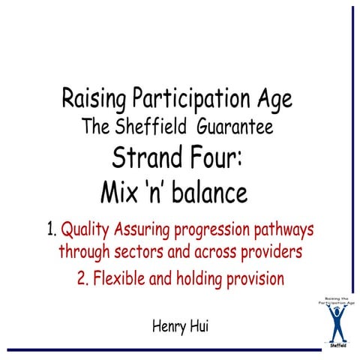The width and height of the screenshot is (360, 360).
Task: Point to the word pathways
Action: [276, 229]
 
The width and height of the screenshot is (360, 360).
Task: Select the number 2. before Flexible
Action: [83, 279]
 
